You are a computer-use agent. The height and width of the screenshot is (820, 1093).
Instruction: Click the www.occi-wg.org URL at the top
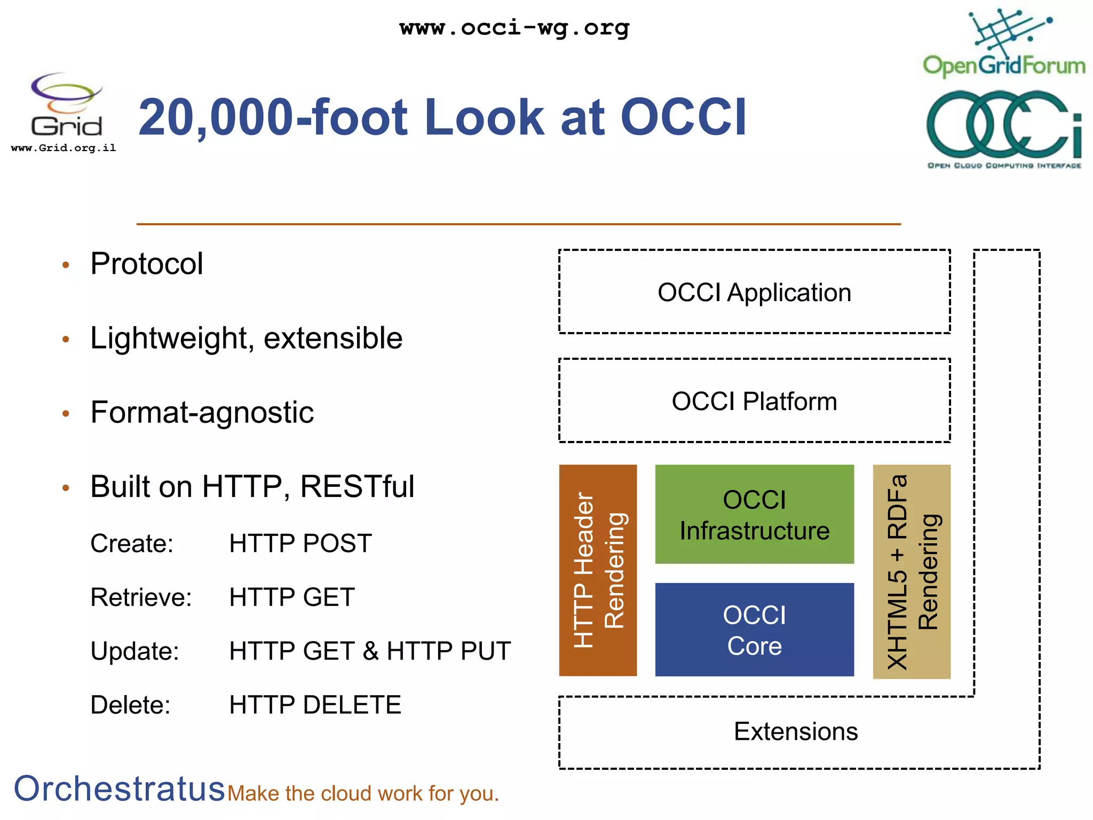coord(514,28)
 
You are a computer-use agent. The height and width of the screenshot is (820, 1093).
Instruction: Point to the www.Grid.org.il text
coord(64,148)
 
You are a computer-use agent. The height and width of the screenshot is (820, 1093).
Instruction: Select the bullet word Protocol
coord(147,264)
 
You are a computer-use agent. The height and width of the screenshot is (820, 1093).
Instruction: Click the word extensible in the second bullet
coord(333,338)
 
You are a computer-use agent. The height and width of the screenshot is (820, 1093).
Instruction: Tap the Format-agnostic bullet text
coord(202,413)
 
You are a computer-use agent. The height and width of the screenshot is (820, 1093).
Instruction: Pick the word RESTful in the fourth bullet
coord(357,487)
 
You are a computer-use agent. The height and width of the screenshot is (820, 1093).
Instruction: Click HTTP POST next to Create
coord(300,543)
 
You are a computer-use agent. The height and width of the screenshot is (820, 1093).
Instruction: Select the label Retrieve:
coord(141,597)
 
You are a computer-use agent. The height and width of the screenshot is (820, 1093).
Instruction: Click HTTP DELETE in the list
coord(315,705)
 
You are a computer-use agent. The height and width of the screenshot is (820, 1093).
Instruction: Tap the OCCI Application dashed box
coord(754,293)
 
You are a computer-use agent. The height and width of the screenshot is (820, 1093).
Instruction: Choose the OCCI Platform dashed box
coord(754,401)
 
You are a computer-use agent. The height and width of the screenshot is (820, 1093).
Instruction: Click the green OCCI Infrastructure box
coord(754,515)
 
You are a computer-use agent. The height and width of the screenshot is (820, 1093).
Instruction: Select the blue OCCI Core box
coord(754,630)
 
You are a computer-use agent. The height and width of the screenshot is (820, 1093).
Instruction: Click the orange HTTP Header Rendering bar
coord(598,570)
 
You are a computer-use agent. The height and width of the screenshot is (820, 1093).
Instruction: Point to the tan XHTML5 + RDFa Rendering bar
coord(912,571)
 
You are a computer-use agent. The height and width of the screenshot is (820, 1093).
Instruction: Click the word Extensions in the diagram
coord(795,732)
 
